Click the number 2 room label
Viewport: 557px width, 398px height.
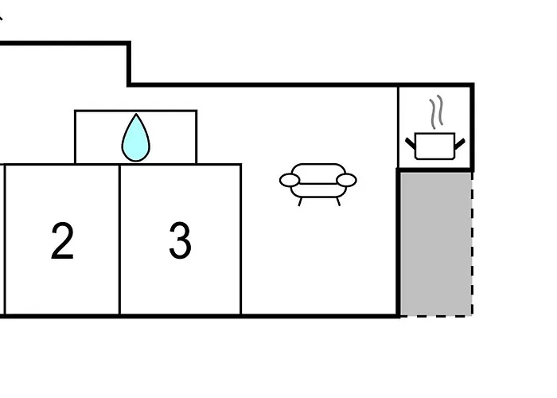point(63,240)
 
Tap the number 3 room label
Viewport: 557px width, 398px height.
point(180,240)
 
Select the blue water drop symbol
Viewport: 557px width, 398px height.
point(136,138)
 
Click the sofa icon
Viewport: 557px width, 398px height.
point(318,184)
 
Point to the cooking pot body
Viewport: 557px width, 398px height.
point(434,146)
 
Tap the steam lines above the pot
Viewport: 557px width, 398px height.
point(437,111)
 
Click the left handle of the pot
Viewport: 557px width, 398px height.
point(411,143)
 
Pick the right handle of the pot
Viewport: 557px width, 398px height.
point(460,143)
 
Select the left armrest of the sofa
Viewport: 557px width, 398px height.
point(290,180)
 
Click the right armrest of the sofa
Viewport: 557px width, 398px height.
point(346,180)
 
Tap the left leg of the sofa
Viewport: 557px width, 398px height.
point(300,202)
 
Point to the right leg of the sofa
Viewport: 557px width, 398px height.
point(338,202)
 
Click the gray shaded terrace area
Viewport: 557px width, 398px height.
point(436,244)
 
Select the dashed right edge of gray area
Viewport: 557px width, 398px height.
point(472,244)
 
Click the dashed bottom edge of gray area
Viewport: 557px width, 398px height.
point(436,315)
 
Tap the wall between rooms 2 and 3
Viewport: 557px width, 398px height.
point(119,240)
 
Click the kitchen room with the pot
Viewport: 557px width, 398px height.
point(434,127)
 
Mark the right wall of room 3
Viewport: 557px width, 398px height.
point(241,240)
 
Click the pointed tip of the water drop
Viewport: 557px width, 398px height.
point(136,114)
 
